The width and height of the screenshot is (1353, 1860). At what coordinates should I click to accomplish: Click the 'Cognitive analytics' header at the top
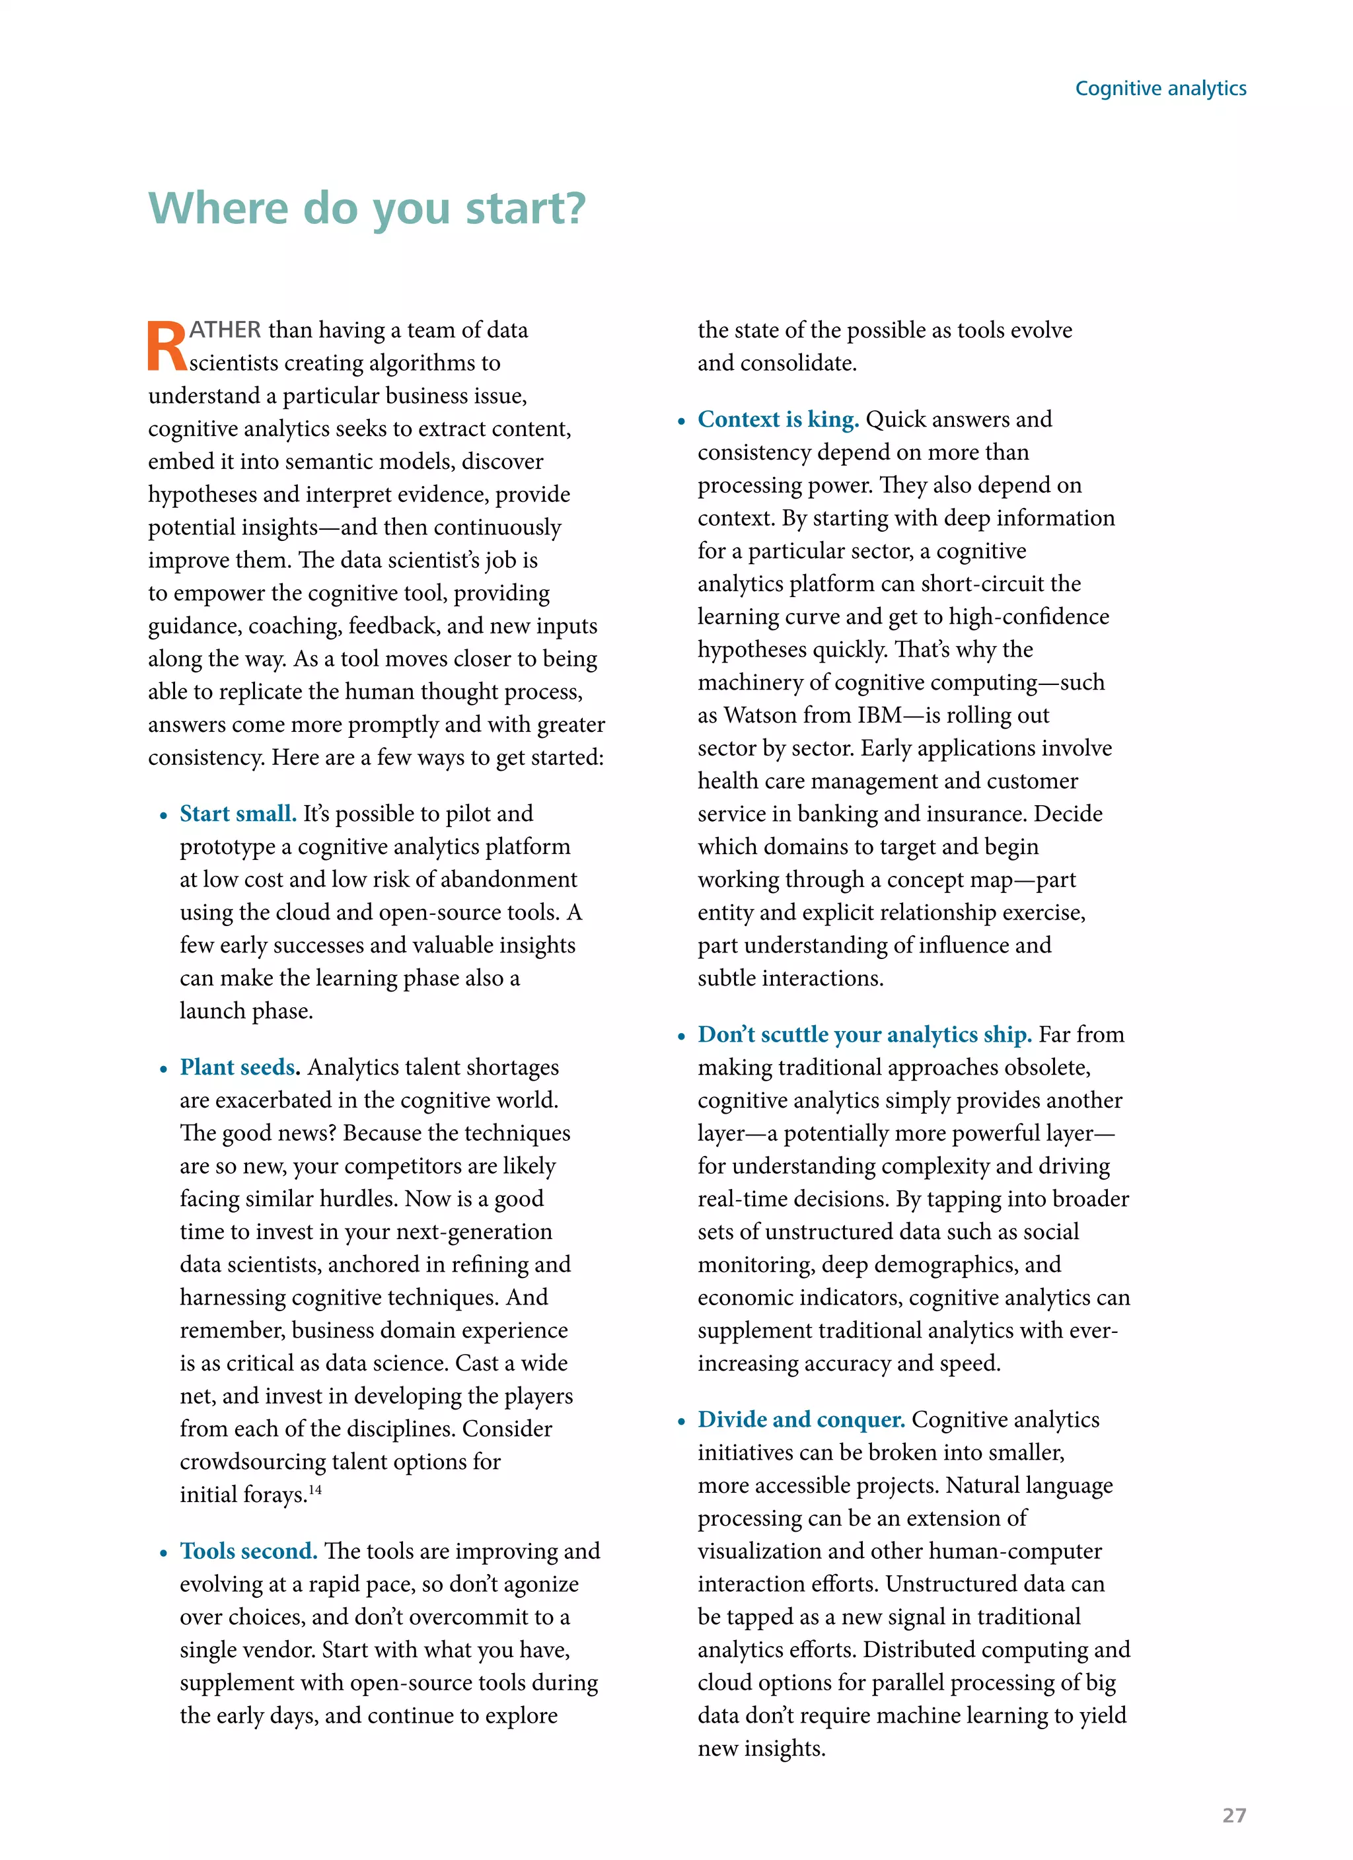pos(1160,89)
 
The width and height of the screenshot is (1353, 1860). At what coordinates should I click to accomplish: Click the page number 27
pos(1233,1815)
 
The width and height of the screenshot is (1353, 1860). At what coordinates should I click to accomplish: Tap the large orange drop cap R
pos(166,347)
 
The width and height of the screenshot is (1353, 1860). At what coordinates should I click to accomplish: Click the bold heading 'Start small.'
pos(238,814)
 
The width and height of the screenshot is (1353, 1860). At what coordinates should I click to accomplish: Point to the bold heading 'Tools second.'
pos(248,1551)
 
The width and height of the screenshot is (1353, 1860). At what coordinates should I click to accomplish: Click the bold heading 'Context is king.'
pos(778,419)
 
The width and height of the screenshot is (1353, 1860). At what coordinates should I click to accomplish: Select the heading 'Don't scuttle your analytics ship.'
pos(864,1034)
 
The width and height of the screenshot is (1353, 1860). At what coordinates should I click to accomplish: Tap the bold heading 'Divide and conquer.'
pos(801,1419)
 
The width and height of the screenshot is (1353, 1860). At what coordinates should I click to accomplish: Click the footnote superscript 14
pos(315,1489)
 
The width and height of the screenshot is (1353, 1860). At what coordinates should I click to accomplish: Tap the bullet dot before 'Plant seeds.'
pos(163,1069)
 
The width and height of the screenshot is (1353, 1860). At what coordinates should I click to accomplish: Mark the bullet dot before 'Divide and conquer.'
pos(681,1422)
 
